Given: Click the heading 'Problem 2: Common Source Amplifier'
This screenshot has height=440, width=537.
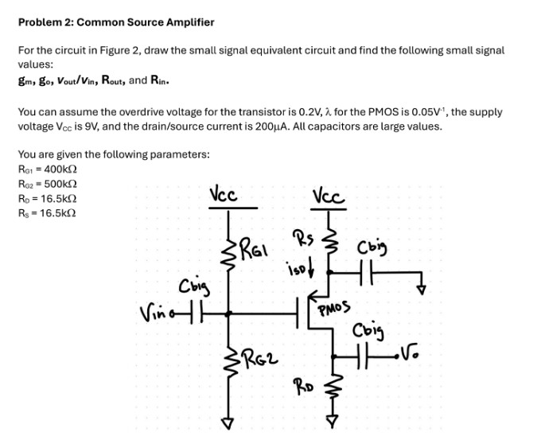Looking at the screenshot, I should point(115,22).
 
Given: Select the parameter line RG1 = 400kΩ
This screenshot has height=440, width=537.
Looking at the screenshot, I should point(47,169).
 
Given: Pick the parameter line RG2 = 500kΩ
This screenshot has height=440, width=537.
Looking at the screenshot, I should point(47,184).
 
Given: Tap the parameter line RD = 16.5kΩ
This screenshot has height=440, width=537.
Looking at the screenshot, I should point(47,198).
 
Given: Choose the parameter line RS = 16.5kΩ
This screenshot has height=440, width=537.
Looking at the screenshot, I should point(47,212).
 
